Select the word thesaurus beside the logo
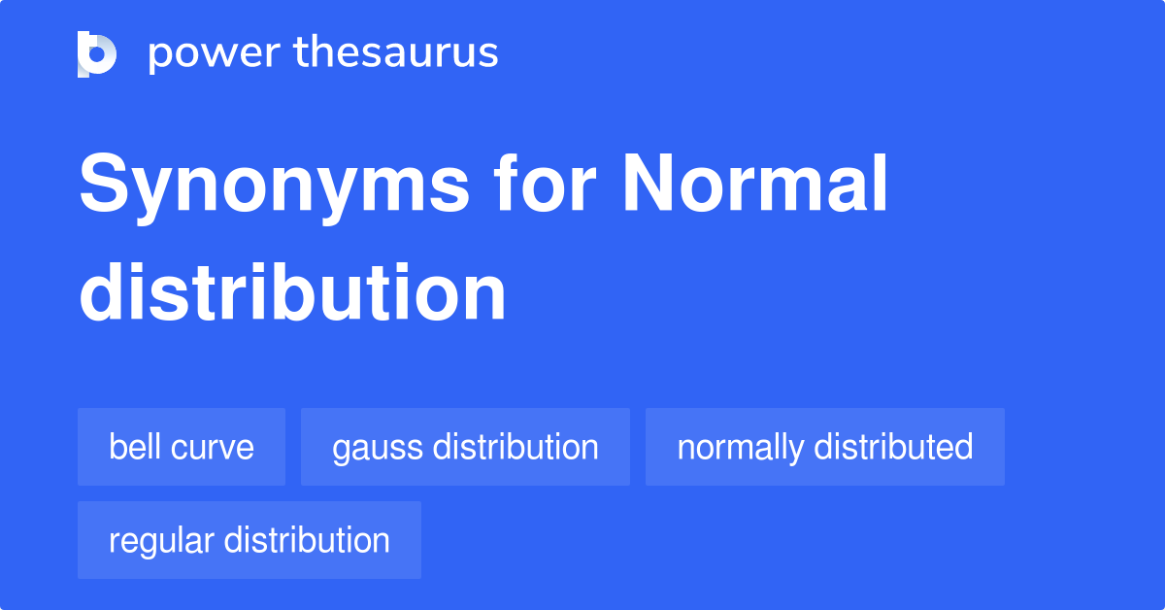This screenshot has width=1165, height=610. pyautogui.click(x=396, y=53)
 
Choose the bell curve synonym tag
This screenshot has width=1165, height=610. pyautogui.click(x=182, y=447)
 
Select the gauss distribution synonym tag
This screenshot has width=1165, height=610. pyautogui.click(x=465, y=447)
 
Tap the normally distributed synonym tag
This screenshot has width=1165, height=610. pyautogui.click(x=824, y=447)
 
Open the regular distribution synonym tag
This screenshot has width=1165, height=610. pyautogui.click(x=250, y=540)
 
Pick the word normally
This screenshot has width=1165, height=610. pyautogui.click(x=741, y=448)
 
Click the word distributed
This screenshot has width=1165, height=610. pyautogui.click(x=893, y=447)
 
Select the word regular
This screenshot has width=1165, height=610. pyautogui.click(x=161, y=541)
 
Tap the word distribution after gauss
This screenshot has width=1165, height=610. pyautogui.click(x=516, y=447)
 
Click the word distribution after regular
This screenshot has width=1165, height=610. pyautogui.click(x=307, y=540)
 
